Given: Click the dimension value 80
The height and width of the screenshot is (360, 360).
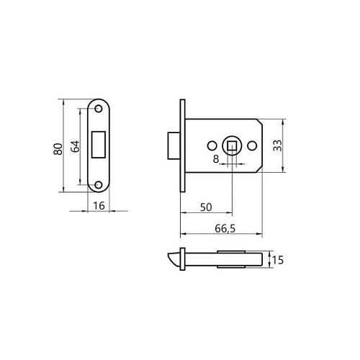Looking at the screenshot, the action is point(58,149).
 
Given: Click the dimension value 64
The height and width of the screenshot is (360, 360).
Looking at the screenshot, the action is point(75,146).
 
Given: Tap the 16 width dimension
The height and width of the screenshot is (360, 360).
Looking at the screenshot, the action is point(99,206).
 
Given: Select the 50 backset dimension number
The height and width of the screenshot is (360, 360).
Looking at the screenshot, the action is point(206,207).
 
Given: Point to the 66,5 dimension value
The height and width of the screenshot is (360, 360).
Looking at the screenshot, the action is point(225,228).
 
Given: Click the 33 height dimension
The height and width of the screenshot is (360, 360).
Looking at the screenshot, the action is point(278,145).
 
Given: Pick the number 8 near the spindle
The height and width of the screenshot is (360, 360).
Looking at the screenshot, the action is point(216,159).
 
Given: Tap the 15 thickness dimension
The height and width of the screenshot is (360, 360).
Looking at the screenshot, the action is point(278,260).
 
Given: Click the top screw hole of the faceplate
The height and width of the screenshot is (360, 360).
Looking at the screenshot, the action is point(99,109).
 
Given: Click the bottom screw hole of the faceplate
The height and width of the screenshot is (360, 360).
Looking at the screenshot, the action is point(99,185).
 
